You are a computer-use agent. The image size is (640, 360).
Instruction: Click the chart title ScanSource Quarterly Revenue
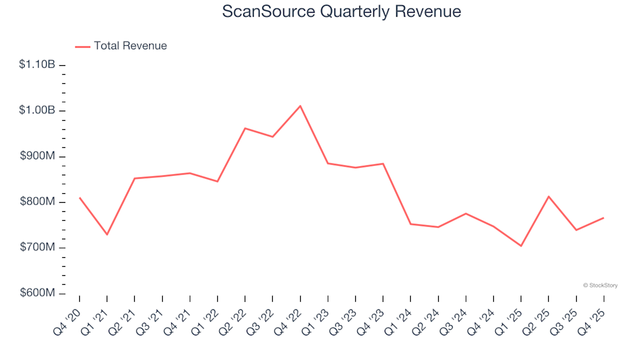click(x=341, y=12)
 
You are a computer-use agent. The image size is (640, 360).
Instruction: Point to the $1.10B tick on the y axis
click(x=37, y=65)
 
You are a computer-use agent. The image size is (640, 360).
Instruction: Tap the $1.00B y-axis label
click(x=37, y=111)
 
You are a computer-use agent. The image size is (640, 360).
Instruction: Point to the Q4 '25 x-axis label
click(x=593, y=316)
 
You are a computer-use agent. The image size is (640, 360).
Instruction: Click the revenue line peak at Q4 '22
click(x=300, y=106)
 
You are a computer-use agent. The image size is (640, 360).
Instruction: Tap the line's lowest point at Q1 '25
click(x=521, y=246)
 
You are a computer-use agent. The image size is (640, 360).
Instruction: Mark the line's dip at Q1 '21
click(x=107, y=235)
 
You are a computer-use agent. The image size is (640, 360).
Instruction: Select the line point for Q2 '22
click(x=245, y=128)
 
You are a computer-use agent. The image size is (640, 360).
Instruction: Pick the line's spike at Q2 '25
click(x=548, y=197)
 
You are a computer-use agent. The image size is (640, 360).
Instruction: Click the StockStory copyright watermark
click(x=600, y=285)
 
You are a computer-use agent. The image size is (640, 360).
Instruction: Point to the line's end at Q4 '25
click(x=603, y=218)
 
